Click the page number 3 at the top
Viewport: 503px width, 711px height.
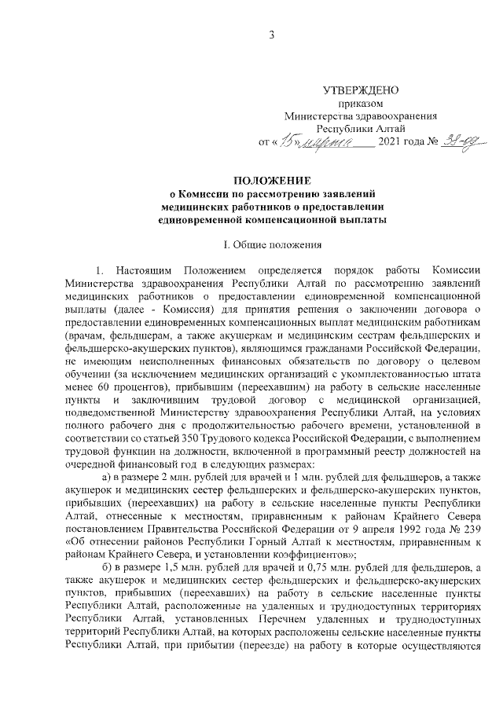point(271,35)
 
